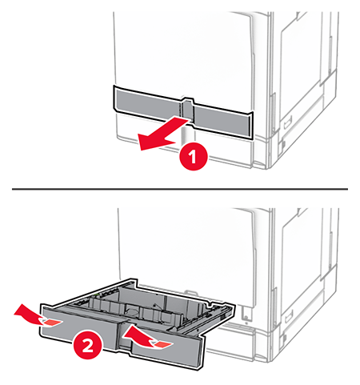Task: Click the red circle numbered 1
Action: click(x=194, y=157)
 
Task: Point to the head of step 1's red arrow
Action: click(x=141, y=144)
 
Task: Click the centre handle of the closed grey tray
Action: click(x=188, y=110)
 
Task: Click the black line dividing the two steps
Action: click(x=180, y=189)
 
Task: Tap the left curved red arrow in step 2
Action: click(x=30, y=315)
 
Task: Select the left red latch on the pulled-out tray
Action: click(x=51, y=323)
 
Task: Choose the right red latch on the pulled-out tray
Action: click(x=162, y=345)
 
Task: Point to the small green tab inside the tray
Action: click(x=98, y=295)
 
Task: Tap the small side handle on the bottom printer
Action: click(x=289, y=316)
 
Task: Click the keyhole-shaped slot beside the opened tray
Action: click(x=246, y=313)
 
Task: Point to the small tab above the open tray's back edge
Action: click(x=190, y=291)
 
